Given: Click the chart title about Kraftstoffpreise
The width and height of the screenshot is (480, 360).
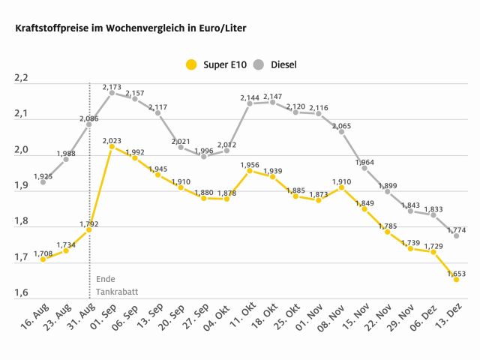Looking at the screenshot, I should click(125, 28).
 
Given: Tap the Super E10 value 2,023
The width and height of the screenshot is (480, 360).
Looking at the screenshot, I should click(112, 139).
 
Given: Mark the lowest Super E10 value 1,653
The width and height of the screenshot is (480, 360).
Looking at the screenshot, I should click(456, 274).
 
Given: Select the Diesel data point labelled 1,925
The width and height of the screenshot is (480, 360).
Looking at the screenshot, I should click(43, 182).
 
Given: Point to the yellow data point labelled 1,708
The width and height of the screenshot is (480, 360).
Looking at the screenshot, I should click(43, 259).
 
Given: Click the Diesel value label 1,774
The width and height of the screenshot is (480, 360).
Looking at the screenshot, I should click(456, 229).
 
